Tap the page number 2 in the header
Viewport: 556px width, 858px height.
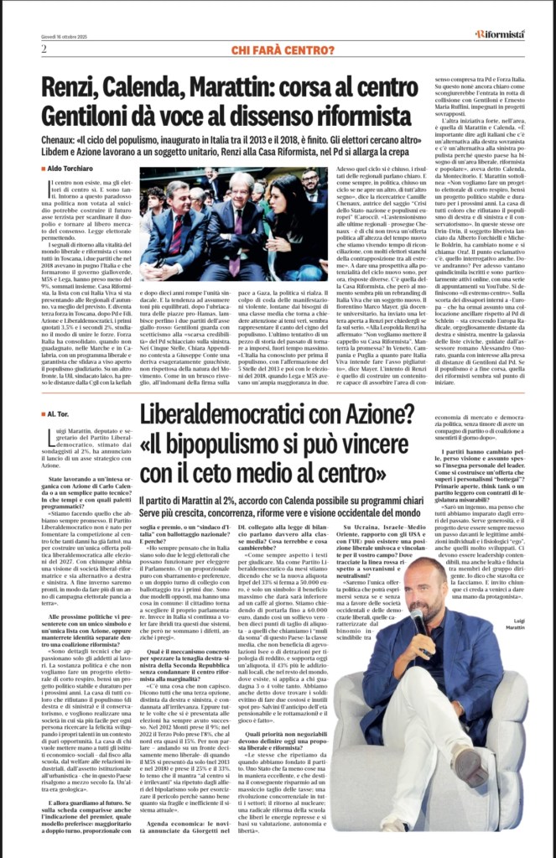[x=43, y=49]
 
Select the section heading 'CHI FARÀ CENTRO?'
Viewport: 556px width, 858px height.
[x=278, y=50]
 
